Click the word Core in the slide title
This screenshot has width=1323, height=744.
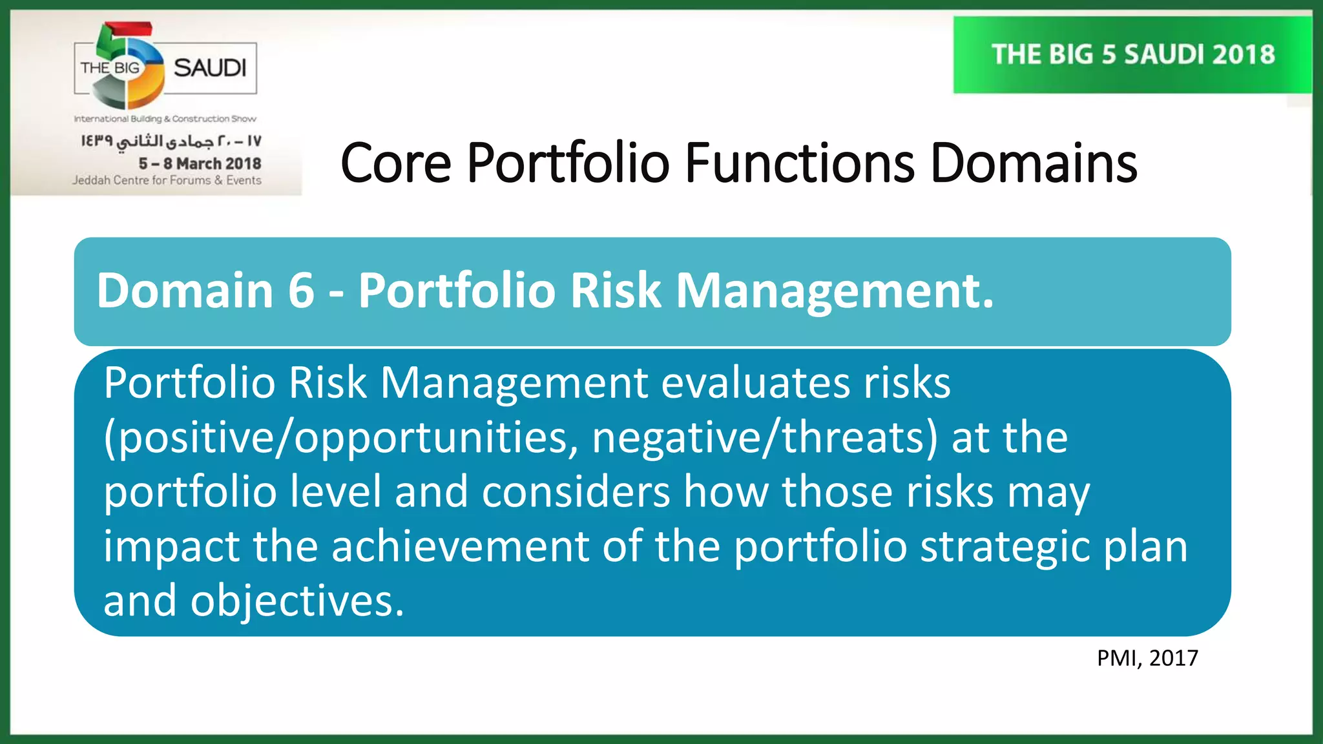[395, 163]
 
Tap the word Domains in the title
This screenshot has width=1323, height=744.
[1033, 163]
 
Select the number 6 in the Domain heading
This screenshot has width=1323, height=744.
[301, 291]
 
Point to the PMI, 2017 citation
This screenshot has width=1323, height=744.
[1147, 658]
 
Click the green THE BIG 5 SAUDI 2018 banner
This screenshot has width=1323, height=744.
[1132, 55]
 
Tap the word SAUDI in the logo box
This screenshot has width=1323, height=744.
[210, 68]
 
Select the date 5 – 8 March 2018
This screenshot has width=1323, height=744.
[200, 163]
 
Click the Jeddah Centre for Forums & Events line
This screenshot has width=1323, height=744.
[167, 180]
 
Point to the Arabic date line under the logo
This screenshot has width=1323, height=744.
[171, 141]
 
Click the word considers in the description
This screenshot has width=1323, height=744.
[576, 492]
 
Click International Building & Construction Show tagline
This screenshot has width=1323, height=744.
[165, 119]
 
